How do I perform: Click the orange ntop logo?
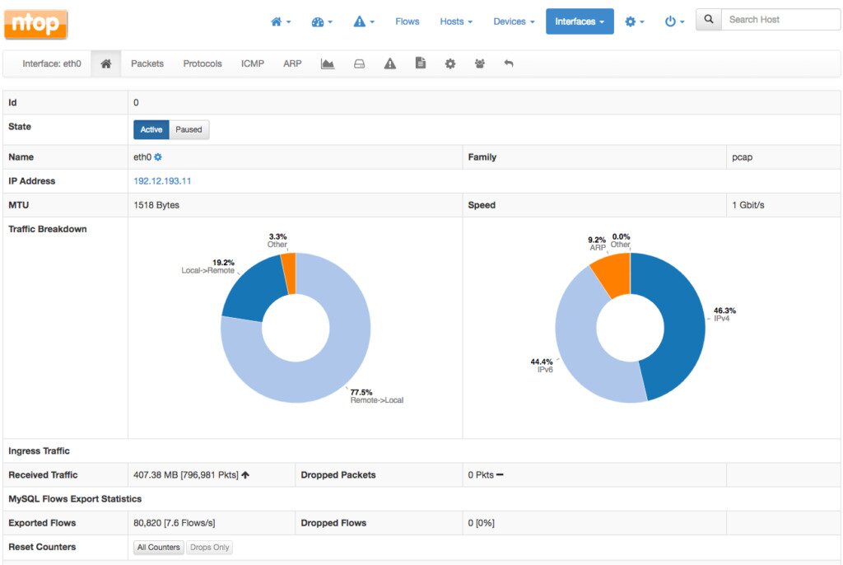[x=35, y=24]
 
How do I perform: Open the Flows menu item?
[x=407, y=21]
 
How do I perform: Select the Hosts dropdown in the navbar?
[x=455, y=21]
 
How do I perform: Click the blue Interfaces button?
[x=579, y=21]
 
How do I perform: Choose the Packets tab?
[x=147, y=63]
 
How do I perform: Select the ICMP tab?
[x=253, y=63]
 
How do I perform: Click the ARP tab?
[x=292, y=63]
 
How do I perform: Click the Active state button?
[x=151, y=129]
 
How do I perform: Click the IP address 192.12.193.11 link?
[x=162, y=181]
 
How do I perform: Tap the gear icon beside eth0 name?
[x=158, y=157]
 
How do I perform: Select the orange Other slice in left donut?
[x=288, y=272]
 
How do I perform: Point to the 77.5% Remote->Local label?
[x=375, y=396]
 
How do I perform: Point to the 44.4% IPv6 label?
[x=543, y=366]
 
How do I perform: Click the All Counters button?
[x=159, y=548]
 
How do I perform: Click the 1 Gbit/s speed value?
[x=748, y=205]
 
